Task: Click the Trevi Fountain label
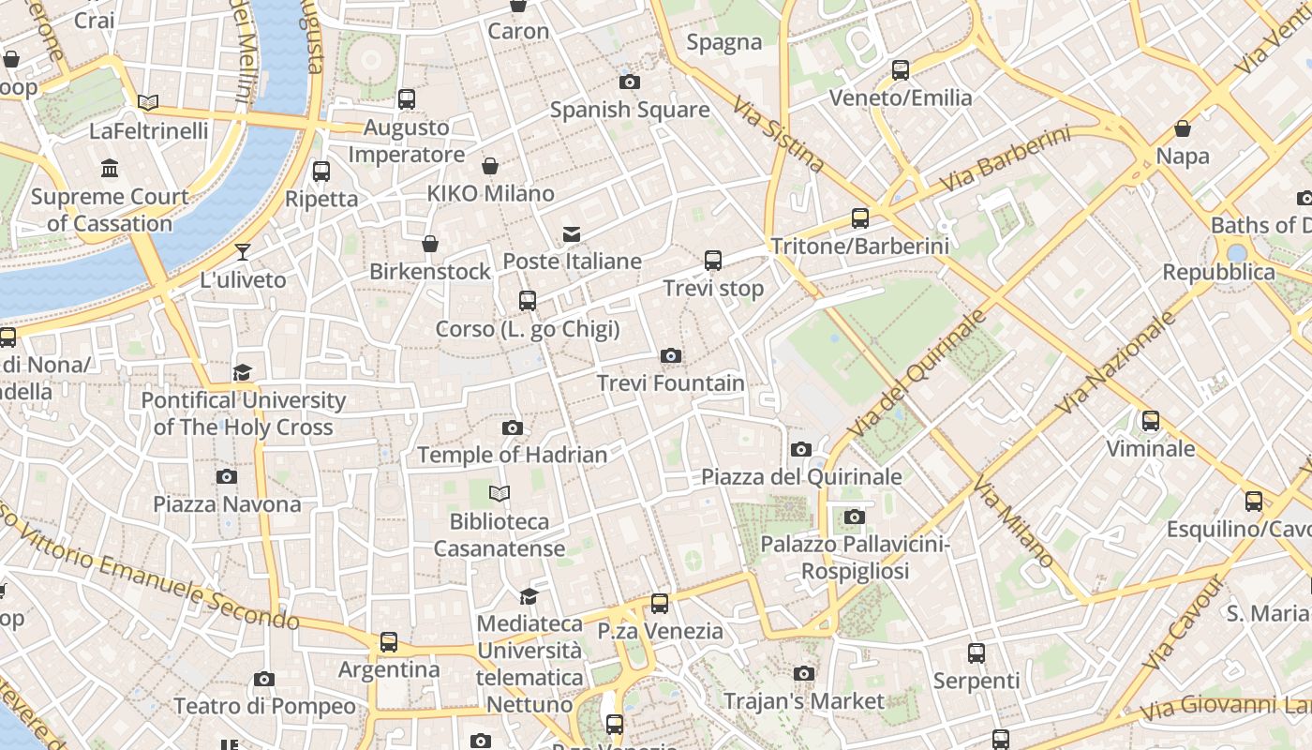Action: click(671, 383)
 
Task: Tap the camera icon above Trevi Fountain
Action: click(671, 356)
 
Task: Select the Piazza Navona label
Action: click(227, 504)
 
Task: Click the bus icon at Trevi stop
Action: click(713, 261)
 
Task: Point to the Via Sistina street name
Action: click(779, 135)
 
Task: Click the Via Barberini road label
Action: click(1004, 159)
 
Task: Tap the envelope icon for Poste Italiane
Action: click(572, 234)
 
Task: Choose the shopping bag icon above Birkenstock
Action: click(430, 245)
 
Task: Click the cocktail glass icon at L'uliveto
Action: click(243, 252)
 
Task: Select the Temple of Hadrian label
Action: click(512, 456)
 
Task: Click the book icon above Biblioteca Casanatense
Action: click(499, 493)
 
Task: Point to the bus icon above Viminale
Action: click(1151, 421)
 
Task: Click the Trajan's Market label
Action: click(803, 701)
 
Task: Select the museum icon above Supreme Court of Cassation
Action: click(110, 169)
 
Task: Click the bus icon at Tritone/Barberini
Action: click(860, 218)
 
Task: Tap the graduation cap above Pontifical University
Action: click(243, 373)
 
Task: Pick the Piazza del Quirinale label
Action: click(801, 477)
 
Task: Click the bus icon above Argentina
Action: click(389, 642)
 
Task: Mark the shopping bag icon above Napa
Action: click(1183, 128)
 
